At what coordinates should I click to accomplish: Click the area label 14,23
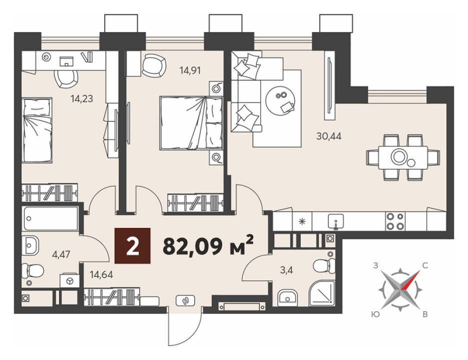click(82, 98)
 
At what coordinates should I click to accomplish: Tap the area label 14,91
click(190, 70)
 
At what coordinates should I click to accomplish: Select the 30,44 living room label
click(329, 136)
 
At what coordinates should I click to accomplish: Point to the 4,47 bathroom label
click(61, 254)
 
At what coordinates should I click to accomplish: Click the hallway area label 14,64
click(102, 274)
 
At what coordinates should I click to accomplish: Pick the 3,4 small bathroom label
click(287, 270)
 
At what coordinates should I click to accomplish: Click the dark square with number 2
click(133, 245)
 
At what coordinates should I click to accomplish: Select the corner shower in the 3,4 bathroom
click(321, 294)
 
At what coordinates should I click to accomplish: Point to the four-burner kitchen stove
click(395, 221)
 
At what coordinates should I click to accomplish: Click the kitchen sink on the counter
click(336, 221)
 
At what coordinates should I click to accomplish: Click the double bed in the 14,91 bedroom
click(191, 122)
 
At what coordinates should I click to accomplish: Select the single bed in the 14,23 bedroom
click(38, 130)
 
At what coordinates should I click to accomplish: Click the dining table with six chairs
click(403, 157)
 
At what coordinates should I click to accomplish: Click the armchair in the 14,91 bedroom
click(153, 66)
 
